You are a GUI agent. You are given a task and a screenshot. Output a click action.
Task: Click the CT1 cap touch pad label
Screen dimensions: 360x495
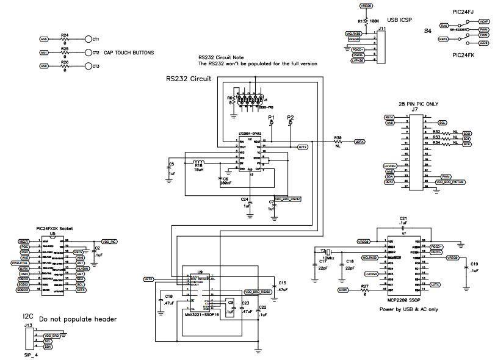click(95, 39)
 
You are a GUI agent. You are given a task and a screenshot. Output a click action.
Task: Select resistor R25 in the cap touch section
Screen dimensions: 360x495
click(65, 52)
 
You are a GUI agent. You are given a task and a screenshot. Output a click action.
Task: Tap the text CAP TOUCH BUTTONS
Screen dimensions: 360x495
click(129, 52)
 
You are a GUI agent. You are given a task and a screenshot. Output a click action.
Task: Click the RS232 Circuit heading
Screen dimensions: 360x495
click(189, 79)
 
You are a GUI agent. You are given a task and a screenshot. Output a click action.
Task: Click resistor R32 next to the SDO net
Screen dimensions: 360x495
click(436, 132)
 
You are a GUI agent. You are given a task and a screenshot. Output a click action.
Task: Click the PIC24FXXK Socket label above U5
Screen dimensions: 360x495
click(55, 227)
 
